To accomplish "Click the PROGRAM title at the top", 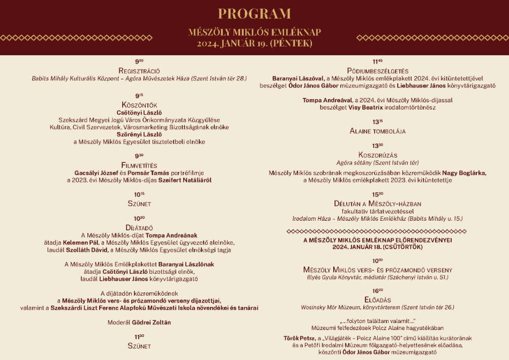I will coord(254,14).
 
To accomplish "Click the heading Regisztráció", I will coord(139,71).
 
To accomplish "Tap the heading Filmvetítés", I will coord(139,165).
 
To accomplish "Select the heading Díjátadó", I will coord(139,227).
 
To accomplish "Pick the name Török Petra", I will coord(299,338).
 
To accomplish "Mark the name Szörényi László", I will coord(139,134).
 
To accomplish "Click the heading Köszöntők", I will coord(139,105).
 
